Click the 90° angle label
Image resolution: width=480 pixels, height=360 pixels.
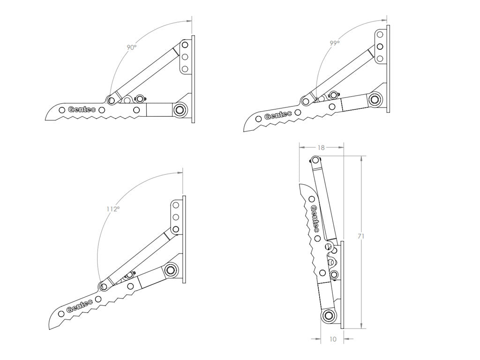pyautogui.click(x=131, y=47)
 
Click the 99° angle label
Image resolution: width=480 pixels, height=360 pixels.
pyautogui.click(x=334, y=43)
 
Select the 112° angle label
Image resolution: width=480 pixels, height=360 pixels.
pyautogui.click(x=112, y=209)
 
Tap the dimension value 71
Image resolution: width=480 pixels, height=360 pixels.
pyautogui.click(x=361, y=237)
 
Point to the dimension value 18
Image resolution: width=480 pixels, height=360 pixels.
pyautogui.click(x=321, y=148)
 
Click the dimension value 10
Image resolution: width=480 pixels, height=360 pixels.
pyautogui.click(x=333, y=339)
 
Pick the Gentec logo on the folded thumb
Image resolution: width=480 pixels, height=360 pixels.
pyautogui.click(x=315, y=219)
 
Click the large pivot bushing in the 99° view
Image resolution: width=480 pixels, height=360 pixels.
pyautogui.click(x=374, y=99)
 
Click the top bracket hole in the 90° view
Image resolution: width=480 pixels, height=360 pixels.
pyautogui.click(x=185, y=45)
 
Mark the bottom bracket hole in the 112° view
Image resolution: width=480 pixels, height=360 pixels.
pyautogui.click(x=176, y=229)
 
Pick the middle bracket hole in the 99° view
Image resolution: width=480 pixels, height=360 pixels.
pyautogui.click(x=380, y=47)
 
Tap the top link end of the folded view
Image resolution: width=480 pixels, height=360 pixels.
pyautogui.click(x=315, y=161)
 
